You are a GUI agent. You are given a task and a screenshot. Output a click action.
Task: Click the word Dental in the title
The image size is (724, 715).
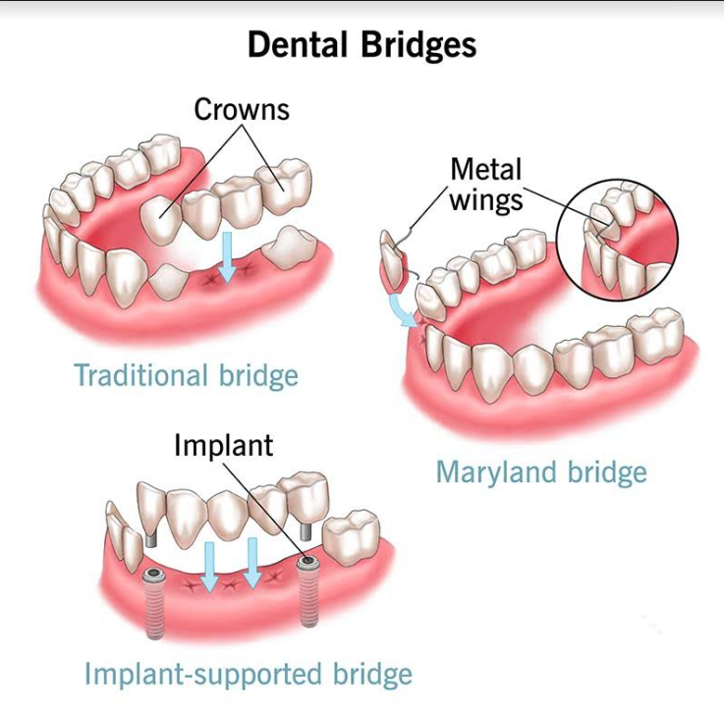tap(297, 45)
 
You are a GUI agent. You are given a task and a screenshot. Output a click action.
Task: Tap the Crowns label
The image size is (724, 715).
tap(242, 109)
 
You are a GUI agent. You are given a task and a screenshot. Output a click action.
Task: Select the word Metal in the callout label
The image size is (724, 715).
tap(485, 169)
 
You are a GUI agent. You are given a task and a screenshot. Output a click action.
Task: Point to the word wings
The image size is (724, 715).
tap(486, 200)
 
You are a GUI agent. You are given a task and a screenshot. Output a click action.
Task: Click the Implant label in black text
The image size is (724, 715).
tap(223, 446)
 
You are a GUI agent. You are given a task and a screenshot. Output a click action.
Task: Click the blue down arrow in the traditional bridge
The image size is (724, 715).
tap(227, 256)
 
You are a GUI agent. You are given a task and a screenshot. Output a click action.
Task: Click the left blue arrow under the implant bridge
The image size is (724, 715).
tap(209, 567)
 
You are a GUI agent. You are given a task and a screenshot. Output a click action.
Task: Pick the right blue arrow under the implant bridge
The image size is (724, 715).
tap(252, 563)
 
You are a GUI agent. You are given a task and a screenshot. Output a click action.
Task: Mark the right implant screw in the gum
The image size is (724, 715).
tap(306, 591)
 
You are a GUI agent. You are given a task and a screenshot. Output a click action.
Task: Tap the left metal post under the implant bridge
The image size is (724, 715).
tap(150, 538)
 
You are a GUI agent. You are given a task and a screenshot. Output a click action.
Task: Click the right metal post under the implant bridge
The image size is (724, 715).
tap(306, 530)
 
